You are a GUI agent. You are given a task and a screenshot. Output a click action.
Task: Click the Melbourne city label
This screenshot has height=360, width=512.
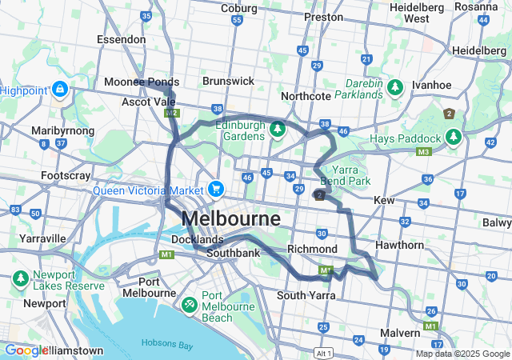[231, 219]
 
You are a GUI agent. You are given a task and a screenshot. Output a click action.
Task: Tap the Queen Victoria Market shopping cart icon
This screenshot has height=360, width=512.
[215, 189]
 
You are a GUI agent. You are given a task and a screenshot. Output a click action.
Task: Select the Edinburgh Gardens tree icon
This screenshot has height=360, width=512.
[278, 129]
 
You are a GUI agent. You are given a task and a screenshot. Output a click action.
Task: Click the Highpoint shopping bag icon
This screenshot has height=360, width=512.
[60, 90]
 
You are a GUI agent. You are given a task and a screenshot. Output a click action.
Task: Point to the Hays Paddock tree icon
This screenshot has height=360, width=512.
[454, 138]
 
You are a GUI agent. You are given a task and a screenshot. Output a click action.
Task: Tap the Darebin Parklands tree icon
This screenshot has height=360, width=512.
[394, 86]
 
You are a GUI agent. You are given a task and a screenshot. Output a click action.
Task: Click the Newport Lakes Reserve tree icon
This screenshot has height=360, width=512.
[20, 279]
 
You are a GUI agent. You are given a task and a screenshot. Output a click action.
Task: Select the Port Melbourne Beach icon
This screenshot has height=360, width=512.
[190, 305]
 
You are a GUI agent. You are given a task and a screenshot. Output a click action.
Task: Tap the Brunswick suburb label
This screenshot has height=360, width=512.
[228, 82]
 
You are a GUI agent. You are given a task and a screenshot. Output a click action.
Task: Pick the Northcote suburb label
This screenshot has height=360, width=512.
[306, 96]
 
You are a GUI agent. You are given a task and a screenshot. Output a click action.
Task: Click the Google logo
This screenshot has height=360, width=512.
[26, 350]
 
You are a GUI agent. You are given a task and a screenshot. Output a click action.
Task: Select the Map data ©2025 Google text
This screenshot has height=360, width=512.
[462, 354]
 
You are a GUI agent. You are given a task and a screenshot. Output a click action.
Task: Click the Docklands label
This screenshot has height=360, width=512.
[197, 239]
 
